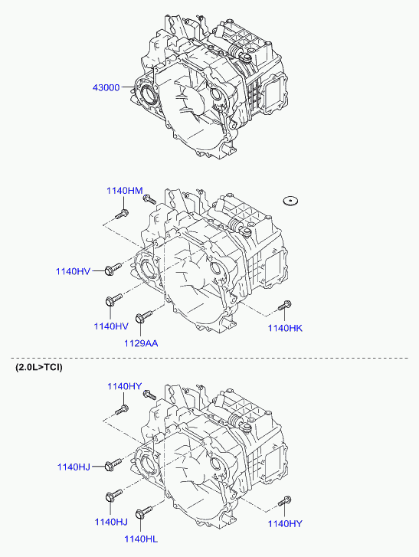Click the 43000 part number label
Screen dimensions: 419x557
click(x=106, y=87)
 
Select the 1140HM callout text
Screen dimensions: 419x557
click(x=125, y=191)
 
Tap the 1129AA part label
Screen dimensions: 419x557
click(x=141, y=343)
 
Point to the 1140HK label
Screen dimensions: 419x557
click(x=285, y=328)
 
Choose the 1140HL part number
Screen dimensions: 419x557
click(x=141, y=539)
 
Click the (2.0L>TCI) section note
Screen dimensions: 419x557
click(x=39, y=367)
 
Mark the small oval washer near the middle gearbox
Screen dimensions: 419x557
click(x=290, y=201)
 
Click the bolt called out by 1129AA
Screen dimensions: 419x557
click(x=143, y=316)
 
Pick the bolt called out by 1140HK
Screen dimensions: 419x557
click(x=285, y=305)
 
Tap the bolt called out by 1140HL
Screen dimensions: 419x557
click(x=143, y=512)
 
